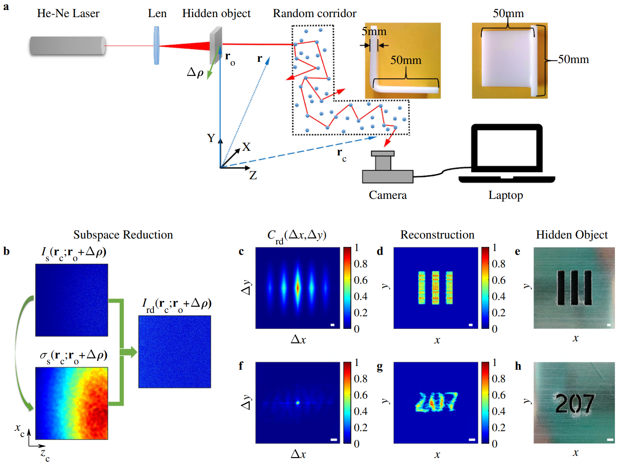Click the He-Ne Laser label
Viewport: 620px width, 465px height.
68,13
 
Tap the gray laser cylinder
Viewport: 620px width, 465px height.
67,46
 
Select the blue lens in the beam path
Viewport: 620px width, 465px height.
156,45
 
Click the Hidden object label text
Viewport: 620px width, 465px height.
216,13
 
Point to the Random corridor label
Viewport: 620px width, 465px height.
315,13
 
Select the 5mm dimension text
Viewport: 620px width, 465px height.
374,32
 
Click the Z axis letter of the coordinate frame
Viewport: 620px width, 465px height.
253,175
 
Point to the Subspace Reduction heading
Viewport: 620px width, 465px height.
123,235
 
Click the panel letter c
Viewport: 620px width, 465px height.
241,252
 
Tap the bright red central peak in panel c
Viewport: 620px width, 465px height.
297,287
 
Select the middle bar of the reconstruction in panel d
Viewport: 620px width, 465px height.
435,287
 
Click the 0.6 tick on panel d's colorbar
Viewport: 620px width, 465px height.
499,280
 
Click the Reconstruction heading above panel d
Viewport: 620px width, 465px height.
437,235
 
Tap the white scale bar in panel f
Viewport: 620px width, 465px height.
333,440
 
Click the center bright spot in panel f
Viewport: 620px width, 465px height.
297,403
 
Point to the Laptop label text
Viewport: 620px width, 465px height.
506,195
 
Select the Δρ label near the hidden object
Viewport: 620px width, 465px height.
195,72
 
